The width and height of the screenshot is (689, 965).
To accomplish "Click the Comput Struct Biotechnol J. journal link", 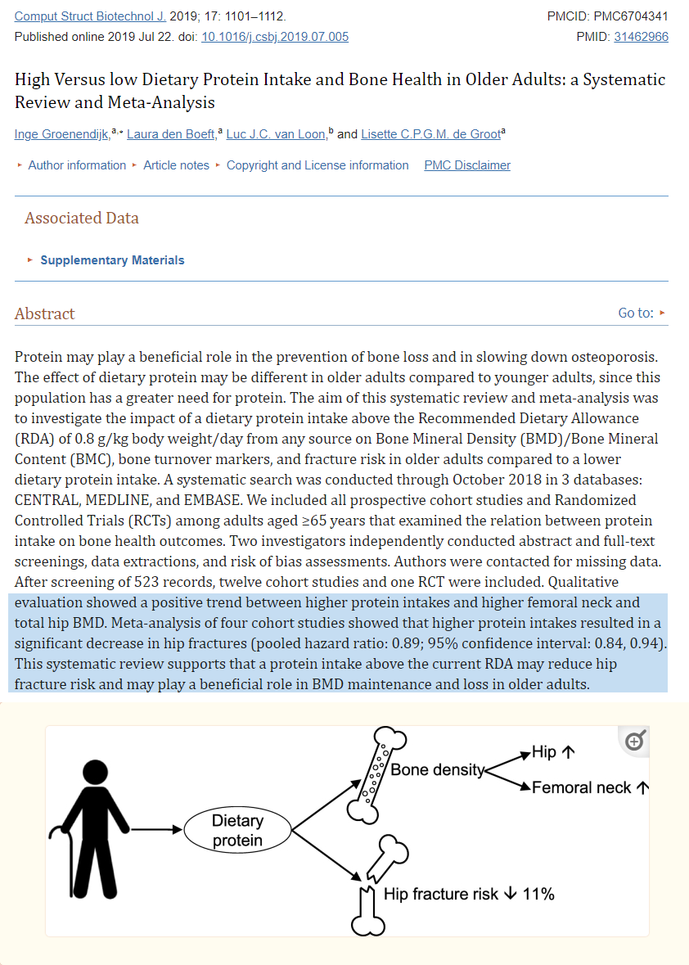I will pyautogui.click(x=91, y=16).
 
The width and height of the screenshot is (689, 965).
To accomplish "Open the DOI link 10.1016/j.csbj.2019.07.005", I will pyautogui.click(x=275, y=37).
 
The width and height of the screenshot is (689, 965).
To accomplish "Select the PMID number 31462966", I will pyautogui.click(x=642, y=37).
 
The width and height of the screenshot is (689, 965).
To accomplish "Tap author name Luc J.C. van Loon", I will pyautogui.click(x=276, y=134).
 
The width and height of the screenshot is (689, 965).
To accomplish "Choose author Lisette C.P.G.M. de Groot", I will pyautogui.click(x=430, y=134).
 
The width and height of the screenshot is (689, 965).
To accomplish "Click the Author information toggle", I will pyautogui.click(x=77, y=165).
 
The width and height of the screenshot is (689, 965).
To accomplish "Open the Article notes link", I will pyautogui.click(x=176, y=165).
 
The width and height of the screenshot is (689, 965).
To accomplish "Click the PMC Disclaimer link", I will pyautogui.click(x=467, y=165).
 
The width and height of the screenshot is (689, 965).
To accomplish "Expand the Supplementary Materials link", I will pyautogui.click(x=112, y=260).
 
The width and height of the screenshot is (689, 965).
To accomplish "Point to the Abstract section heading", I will pyautogui.click(x=44, y=313).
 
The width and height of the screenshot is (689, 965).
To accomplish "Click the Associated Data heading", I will pyautogui.click(x=82, y=218).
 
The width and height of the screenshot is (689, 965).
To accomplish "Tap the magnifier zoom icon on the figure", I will pyautogui.click(x=634, y=742).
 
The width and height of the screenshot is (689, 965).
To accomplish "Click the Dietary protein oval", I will pyautogui.click(x=237, y=831).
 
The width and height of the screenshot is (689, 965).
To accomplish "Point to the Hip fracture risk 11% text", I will pyautogui.click(x=469, y=894).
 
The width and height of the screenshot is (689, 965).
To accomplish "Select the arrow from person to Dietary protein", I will pyautogui.click(x=156, y=830).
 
